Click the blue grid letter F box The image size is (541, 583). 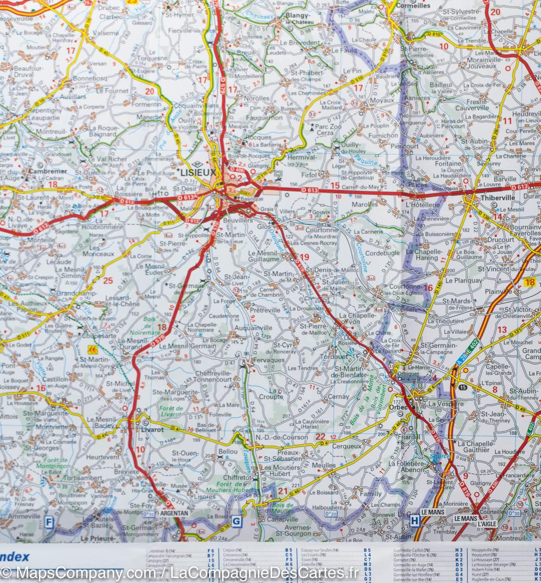(x=49, y=521)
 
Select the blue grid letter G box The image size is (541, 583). (x=236, y=522)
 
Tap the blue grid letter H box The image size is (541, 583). (x=414, y=520)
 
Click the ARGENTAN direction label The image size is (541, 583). (x=174, y=513)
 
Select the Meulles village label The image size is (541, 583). (x=324, y=465)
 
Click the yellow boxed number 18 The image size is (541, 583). (x=529, y=283)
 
